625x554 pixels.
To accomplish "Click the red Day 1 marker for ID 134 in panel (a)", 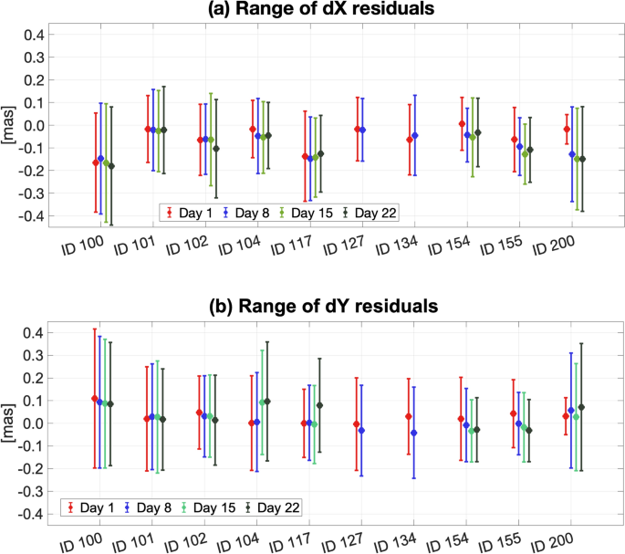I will [x=409, y=140].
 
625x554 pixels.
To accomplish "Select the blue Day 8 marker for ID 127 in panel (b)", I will [x=362, y=430].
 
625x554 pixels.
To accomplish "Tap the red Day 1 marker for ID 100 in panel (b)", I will [x=95, y=398].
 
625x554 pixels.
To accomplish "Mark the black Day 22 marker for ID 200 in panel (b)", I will [x=581, y=407].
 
